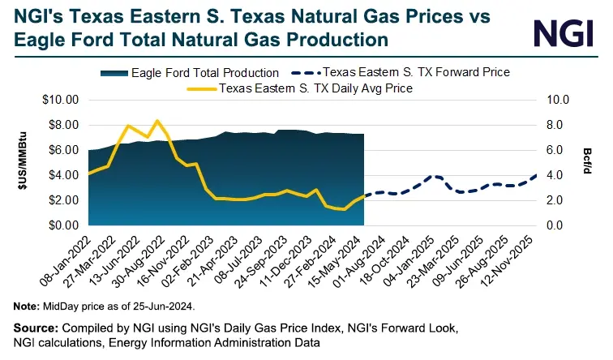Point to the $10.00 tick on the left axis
point(60,100)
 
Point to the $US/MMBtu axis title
point(23,162)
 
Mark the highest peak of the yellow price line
point(157,121)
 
